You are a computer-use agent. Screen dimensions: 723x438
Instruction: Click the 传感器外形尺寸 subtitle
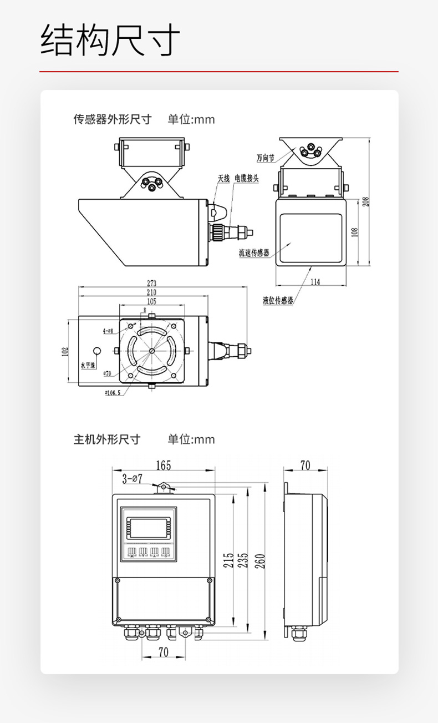click(113, 119)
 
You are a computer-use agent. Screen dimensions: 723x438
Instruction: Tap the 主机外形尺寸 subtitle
click(107, 439)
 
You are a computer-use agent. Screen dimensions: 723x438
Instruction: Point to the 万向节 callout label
click(266, 158)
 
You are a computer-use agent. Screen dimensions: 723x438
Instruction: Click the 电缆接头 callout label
click(246, 178)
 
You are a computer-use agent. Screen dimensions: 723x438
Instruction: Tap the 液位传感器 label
click(278, 301)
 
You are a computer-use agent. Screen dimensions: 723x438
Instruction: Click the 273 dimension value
click(151, 284)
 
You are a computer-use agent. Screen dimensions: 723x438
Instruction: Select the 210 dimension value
click(151, 292)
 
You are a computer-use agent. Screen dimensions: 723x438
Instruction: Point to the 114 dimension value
click(315, 282)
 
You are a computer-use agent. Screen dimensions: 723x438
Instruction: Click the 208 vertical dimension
click(365, 201)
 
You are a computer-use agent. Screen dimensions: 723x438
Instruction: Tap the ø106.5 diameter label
click(112, 393)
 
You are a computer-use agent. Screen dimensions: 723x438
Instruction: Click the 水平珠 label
click(89, 366)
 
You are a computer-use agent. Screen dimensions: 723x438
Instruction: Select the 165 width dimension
click(163, 465)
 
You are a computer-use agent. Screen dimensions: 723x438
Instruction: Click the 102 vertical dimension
click(65, 351)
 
